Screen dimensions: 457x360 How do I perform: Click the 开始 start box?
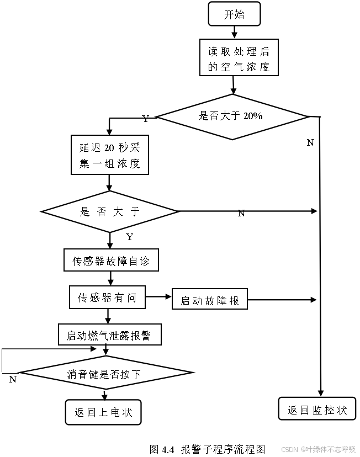tap(234, 14)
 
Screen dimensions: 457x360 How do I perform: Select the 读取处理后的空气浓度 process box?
tap(239, 58)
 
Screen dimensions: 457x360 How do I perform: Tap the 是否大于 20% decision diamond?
tap(231, 116)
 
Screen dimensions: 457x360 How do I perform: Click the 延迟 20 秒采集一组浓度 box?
tap(110, 155)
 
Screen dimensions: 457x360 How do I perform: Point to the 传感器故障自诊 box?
tap(111, 261)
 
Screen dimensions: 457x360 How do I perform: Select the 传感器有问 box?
tap(108, 297)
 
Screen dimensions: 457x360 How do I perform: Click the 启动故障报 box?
tap(210, 300)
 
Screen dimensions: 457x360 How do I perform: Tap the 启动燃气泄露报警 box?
tap(110, 334)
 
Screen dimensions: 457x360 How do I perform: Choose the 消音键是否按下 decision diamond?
tap(106, 374)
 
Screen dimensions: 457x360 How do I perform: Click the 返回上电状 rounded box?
tap(103, 412)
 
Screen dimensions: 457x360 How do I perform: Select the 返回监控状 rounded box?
tap(317, 410)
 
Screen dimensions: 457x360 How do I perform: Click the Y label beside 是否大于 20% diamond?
tap(145, 119)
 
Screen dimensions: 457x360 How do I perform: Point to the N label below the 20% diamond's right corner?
tap(310, 142)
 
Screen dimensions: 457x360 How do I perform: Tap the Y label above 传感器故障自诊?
tap(129, 237)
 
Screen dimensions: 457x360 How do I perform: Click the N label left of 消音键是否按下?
tap(13, 379)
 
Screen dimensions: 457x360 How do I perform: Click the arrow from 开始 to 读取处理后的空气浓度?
tap(234, 32)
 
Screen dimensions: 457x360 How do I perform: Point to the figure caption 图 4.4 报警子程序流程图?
tap(208, 449)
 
